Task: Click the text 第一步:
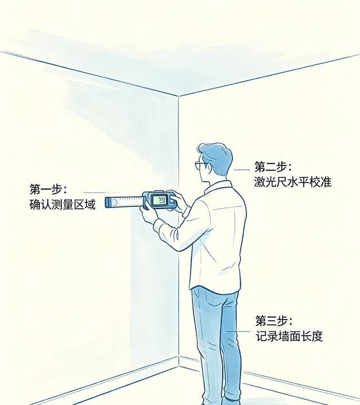coord(48,189)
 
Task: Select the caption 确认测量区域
coord(62,204)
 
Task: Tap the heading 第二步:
coord(273,167)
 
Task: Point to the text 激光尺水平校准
coord(292,182)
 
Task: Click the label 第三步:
coord(274,321)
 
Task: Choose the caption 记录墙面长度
coord(289,336)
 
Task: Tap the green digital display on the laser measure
coord(161,200)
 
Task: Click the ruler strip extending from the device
coord(124,201)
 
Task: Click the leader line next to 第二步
coord(242,169)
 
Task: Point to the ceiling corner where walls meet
coord(179,96)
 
